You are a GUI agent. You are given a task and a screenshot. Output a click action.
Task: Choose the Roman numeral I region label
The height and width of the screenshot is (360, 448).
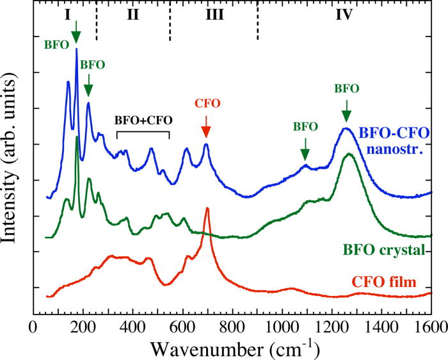(67, 14)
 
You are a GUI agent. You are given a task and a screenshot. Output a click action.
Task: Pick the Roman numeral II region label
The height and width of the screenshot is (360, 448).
(132, 14)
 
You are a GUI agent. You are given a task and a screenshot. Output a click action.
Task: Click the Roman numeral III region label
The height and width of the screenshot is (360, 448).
(214, 14)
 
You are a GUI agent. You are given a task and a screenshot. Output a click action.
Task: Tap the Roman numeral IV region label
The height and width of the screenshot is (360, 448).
(344, 14)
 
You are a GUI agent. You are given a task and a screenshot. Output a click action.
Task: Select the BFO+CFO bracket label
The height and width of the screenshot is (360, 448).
(143, 120)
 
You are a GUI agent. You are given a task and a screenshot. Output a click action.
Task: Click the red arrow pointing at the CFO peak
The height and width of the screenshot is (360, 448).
(206, 129)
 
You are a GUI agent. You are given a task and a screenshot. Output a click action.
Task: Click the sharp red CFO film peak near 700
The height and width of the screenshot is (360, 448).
(207, 209)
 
